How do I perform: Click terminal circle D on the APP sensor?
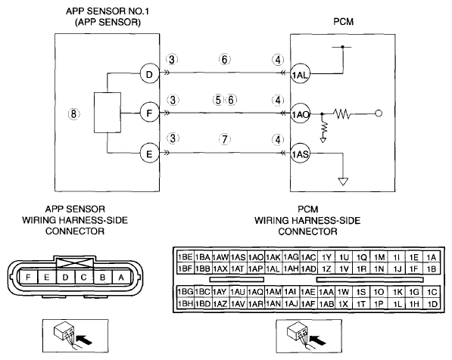[x=149, y=75]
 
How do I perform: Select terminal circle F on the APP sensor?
[x=149, y=113]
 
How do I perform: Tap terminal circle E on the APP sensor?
[x=149, y=154]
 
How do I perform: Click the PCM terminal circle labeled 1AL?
[x=300, y=74]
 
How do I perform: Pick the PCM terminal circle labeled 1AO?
[x=300, y=113]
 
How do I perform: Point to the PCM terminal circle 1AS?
[x=300, y=154]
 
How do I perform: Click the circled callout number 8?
[x=73, y=113]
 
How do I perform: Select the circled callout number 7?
[x=225, y=139]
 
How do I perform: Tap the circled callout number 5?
[x=218, y=100]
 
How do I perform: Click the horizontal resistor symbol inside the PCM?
[x=342, y=113]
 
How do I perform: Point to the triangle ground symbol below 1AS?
[x=343, y=182]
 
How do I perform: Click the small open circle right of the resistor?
[x=379, y=113]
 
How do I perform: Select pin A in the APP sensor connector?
[x=121, y=278]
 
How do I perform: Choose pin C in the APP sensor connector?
[x=83, y=278]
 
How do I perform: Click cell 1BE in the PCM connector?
[x=185, y=257]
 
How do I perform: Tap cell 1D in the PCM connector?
[x=432, y=304]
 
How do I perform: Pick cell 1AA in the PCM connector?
[x=326, y=292]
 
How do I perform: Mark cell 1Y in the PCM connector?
[x=326, y=257]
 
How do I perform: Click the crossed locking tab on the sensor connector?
[x=75, y=263]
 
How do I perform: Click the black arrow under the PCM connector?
[x=317, y=340]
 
